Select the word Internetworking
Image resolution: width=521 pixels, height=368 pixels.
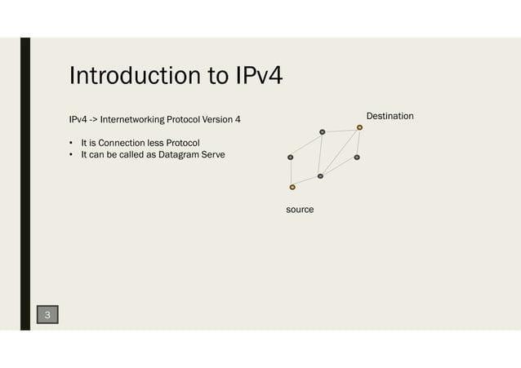pos(133,121)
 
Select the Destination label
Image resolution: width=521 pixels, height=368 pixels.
pos(390,117)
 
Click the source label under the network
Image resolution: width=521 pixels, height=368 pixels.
pos(300,210)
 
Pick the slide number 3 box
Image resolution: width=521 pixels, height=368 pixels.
pos(47,314)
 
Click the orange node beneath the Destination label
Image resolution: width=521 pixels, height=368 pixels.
pos(359,127)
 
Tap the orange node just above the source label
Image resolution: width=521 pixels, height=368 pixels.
pos(292,187)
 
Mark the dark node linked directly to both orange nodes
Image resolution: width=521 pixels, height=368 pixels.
pos(320,176)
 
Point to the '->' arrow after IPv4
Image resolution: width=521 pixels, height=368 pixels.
pos(93,121)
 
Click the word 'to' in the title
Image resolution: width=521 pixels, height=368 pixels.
pos(207,77)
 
